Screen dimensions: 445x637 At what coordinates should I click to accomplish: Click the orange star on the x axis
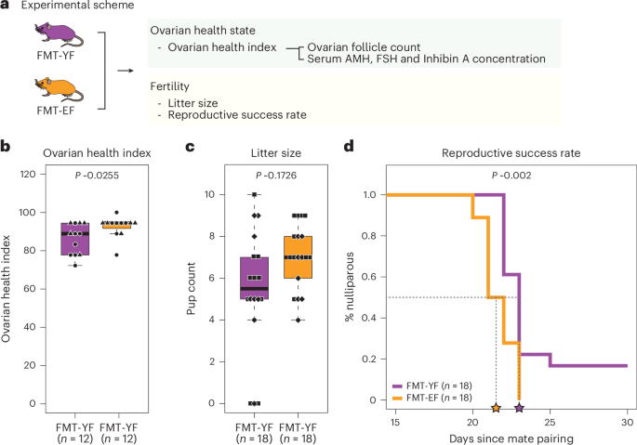click(x=496, y=409)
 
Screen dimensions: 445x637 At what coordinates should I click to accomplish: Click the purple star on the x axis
click(x=519, y=409)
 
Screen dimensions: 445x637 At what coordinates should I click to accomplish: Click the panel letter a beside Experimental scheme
click(x=6, y=7)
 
